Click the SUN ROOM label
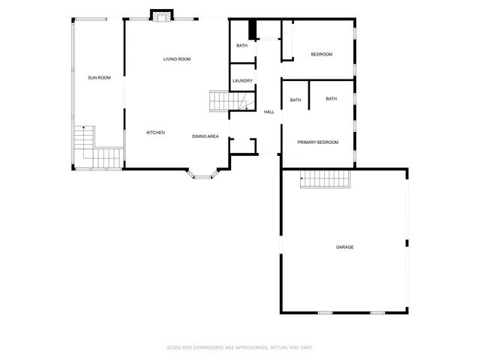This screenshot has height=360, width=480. click(99, 77)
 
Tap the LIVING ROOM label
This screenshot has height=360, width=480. click(177, 58)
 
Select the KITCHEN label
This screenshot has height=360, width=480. click(155, 133)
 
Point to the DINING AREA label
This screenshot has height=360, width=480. click(205, 136)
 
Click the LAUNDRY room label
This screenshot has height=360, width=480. click(241, 81)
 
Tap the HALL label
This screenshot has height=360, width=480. click(268, 112)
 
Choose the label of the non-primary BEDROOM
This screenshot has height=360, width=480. click(321, 54)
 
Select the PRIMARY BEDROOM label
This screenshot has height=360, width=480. click(317, 142)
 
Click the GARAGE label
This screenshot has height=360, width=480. click(344, 247)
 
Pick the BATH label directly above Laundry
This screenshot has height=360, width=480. click(241, 46)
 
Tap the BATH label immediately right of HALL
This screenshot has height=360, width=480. click(295, 100)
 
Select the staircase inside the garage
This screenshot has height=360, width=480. click(326, 179)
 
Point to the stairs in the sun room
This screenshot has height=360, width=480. click(96, 152)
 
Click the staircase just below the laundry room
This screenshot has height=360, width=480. click(227, 100)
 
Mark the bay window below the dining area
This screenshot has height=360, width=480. click(202, 174)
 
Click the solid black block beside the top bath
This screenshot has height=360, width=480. click(253, 29)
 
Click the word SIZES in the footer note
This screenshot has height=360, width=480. click(173, 347)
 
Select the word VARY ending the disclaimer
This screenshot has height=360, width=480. click(306, 347)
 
